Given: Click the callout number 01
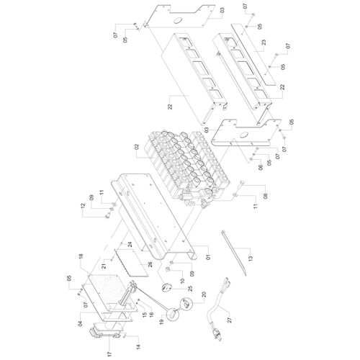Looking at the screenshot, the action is [208, 257].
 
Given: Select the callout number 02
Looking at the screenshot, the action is [137, 147].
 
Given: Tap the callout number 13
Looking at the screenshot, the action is [251, 258].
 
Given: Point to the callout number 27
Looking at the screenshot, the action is [230, 320].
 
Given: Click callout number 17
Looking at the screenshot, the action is [110, 354].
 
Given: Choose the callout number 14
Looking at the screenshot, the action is [138, 346].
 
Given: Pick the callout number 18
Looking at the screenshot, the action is [81, 256].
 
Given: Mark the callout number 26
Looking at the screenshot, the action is [150, 265].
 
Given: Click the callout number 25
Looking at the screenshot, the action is [190, 289].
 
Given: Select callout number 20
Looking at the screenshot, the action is [204, 294].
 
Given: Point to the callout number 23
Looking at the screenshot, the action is [264, 42].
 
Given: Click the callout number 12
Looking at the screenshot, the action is [83, 206].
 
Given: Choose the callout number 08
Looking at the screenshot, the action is [266, 194].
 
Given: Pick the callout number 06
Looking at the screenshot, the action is [261, 167].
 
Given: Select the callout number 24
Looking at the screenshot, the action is [130, 245].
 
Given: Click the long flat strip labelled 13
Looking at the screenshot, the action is [234, 253].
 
